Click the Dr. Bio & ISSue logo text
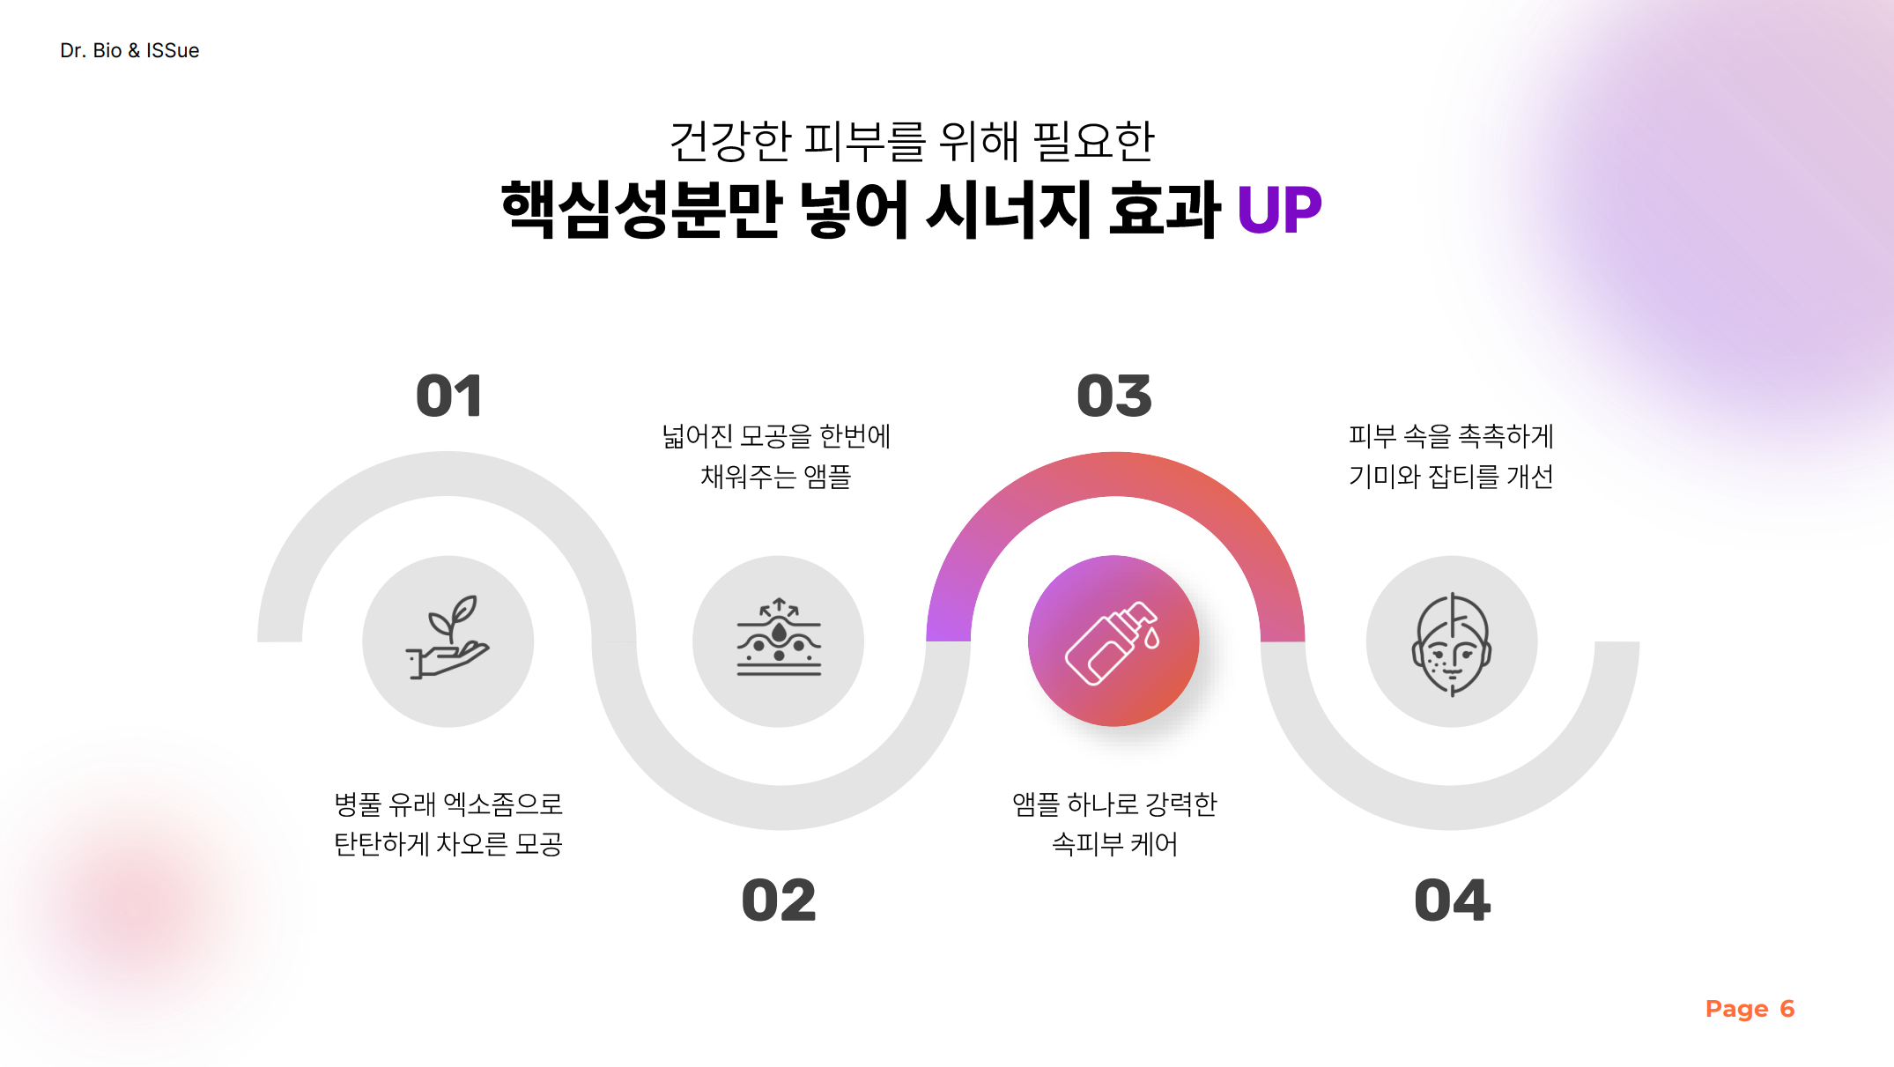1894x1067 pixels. point(129,50)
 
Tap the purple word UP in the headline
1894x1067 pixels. point(1279,211)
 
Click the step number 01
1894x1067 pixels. point(449,396)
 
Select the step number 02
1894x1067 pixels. point(779,900)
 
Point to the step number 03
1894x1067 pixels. point(1114,396)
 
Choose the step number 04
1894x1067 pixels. point(1452,900)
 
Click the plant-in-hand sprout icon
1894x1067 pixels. point(448,637)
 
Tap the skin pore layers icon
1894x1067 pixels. point(779,637)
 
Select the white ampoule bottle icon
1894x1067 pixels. point(1113,642)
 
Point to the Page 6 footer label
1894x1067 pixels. point(1750,1009)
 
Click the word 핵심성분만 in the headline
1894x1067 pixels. point(641,210)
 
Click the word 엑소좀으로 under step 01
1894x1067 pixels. point(503,804)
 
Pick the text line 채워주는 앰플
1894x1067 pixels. point(775,477)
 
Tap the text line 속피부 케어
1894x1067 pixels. point(1114,844)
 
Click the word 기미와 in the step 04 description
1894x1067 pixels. point(1385,477)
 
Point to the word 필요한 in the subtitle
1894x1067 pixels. point(1093,142)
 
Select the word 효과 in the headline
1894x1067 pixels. point(1164,210)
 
